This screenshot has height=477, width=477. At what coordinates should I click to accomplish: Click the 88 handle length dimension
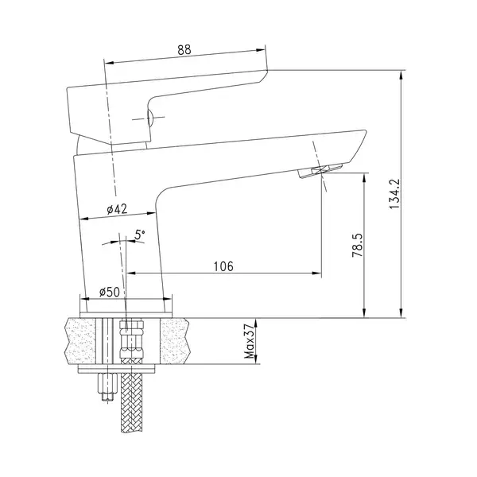click(184, 50)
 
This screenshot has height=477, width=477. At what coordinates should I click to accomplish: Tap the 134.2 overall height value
click(395, 193)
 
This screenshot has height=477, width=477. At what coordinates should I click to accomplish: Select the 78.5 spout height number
click(358, 245)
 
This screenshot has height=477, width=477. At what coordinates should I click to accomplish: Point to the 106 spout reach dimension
click(223, 266)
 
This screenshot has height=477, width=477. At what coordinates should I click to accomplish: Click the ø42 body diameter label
click(117, 209)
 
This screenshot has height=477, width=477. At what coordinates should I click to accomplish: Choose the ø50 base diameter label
click(110, 292)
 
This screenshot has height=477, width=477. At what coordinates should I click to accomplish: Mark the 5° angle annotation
click(140, 235)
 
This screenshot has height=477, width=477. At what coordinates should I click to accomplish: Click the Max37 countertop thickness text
click(249, 341)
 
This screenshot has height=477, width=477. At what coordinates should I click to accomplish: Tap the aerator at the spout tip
click(320, 170)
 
